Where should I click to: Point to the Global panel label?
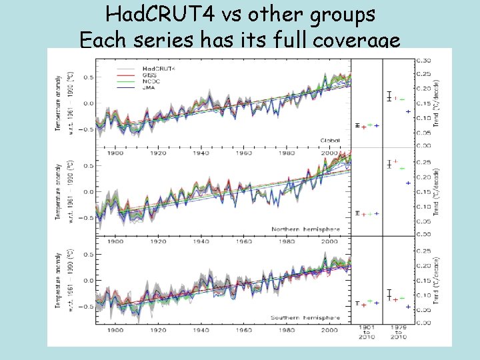[330, 141]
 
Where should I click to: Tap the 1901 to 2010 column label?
[367, 332]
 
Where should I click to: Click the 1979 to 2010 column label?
[398, 332]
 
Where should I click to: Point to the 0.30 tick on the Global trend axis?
[423, 60]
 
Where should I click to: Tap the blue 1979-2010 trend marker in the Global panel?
[408, 111]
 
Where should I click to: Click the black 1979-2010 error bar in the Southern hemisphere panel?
[389, 294]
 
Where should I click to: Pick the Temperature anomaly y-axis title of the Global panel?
[60, 101]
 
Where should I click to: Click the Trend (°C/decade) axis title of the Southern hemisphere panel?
[437, 280]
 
